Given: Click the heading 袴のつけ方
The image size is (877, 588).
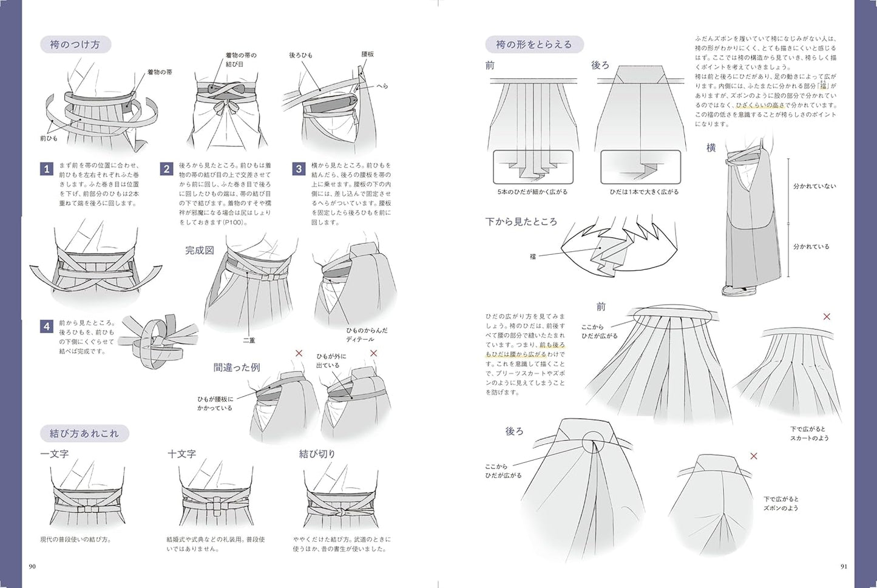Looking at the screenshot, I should coord(75,45).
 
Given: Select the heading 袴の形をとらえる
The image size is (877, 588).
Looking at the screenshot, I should coord(533,44).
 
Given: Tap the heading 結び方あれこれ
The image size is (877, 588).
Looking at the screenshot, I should coord(84,434).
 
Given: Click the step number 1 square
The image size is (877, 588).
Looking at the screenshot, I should coord(47,169).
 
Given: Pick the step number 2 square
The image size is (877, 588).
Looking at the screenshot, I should coord(166,169).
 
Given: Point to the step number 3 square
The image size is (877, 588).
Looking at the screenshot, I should coord(298,169).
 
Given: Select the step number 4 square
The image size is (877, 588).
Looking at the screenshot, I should coord(47,326).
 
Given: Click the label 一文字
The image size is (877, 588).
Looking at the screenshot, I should coord(55,454).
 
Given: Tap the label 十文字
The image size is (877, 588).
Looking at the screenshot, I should coord(181,454).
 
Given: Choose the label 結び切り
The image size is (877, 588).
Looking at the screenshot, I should coord(317,454).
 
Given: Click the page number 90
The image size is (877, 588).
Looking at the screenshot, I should coord(33,567).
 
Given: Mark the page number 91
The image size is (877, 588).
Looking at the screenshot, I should coord(844,567).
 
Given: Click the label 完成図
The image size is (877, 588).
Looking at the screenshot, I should coord(199,251).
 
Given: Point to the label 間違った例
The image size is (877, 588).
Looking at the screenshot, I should coord(236,367).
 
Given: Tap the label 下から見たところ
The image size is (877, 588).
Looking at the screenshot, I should coord(521,222).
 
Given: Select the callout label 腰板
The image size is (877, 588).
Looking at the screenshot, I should coord(368,55).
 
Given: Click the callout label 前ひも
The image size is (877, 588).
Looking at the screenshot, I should coord(48,138).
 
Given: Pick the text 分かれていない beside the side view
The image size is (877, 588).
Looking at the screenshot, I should coord(814,186).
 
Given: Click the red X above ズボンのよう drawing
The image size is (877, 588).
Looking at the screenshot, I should coord(754,456).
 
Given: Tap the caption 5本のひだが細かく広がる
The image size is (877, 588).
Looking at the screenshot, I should coord(533,192).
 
